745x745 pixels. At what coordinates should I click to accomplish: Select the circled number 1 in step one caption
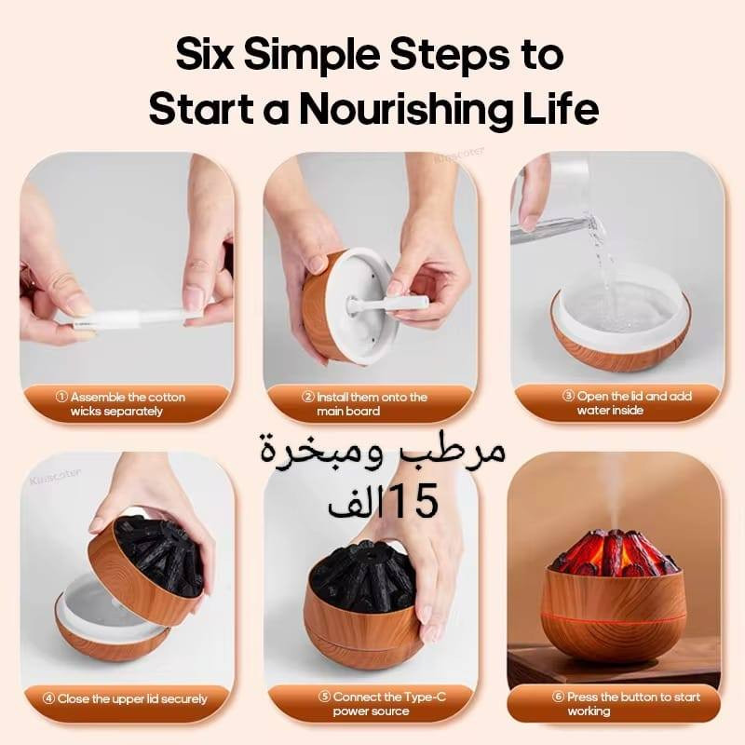[x=61, y=397]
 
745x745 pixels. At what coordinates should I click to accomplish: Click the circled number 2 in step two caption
[x=308, y=397]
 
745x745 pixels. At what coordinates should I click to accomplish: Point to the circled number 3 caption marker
[x=568, y=396]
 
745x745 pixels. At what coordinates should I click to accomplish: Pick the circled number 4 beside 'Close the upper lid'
[x=48, y=698]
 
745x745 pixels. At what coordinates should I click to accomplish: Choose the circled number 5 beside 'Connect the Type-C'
[x=323, y=697]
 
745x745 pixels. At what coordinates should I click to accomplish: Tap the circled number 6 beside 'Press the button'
[x=557, y=697]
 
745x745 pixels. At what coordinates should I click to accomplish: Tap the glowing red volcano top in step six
[x=612, y=552]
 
